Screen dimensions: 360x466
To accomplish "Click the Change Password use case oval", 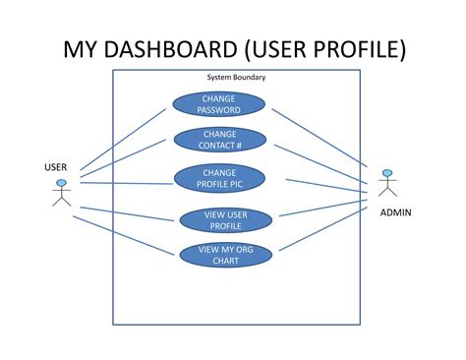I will pos(218,103).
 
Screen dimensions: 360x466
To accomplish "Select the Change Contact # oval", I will pos(220,140).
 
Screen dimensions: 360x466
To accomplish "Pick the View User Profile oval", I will pos(225,219).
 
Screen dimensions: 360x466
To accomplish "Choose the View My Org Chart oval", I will pos(225,255).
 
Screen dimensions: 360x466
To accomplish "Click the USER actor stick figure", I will pos(61,194).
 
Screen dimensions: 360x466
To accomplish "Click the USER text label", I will pos(56,167).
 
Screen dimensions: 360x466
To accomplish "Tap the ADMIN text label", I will pos(395,212).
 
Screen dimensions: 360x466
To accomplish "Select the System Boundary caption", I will pos(235,77).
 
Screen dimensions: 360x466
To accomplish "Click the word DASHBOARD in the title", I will pos(170,48).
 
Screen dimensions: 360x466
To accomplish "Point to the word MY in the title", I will pos(82,48).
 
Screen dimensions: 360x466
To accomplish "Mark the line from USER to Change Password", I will pos(123,138).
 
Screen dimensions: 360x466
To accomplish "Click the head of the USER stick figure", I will pos(61,184).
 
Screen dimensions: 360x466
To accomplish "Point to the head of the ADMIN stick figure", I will pos(386,174).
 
